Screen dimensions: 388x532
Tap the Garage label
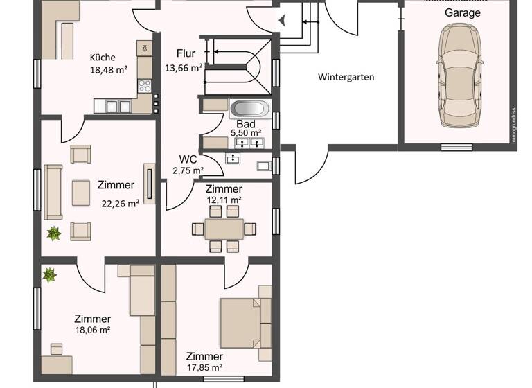click(x=462, y=12)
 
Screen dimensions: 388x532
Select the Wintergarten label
click(x=346, y=77)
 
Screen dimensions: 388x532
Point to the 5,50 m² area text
click(x=245, y=132)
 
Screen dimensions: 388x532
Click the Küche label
click(x=103, y=58)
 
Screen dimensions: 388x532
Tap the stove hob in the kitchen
click(x=145, y=87)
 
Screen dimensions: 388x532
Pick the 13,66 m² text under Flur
click(x=183, y=68)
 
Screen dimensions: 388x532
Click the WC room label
click(x=188, y=159)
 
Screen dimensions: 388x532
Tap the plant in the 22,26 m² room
click(x=53, y=233)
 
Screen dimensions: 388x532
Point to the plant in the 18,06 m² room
click(x=49, y=275)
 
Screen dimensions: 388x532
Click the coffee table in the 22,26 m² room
click(x=81, y=193)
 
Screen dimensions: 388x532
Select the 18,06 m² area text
click(x=93, y=330)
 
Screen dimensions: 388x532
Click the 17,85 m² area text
click(x=204, y=368)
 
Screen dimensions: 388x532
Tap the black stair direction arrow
click(x=281, y=20)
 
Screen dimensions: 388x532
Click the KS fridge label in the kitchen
click(x=144, y=48)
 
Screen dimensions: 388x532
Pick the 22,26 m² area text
click(x=121, y=203)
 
